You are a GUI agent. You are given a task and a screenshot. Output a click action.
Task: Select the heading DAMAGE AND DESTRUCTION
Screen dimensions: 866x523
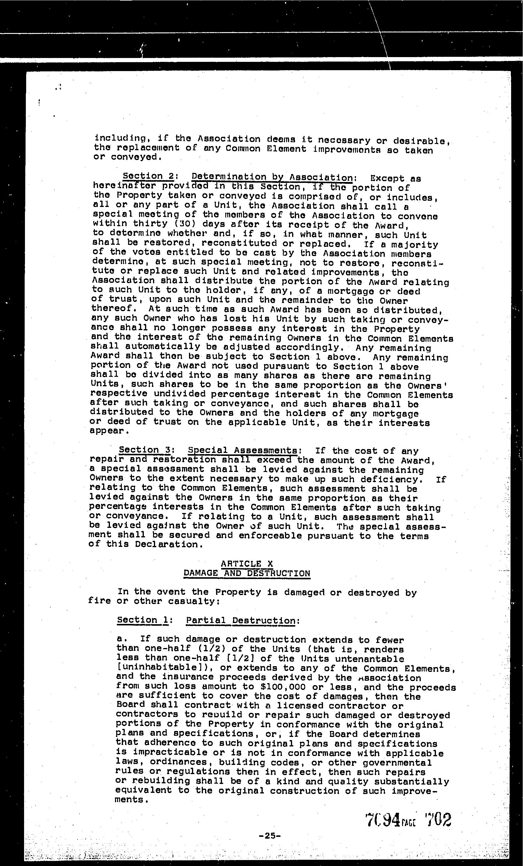(x=247, y=573)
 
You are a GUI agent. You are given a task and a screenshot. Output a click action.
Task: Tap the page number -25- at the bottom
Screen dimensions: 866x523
(x=270, y=835)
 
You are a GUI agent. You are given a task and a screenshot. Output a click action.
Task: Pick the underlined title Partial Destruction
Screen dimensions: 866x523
(x=241, y=621)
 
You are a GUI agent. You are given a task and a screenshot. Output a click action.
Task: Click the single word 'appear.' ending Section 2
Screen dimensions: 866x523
(x=107, y=431)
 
